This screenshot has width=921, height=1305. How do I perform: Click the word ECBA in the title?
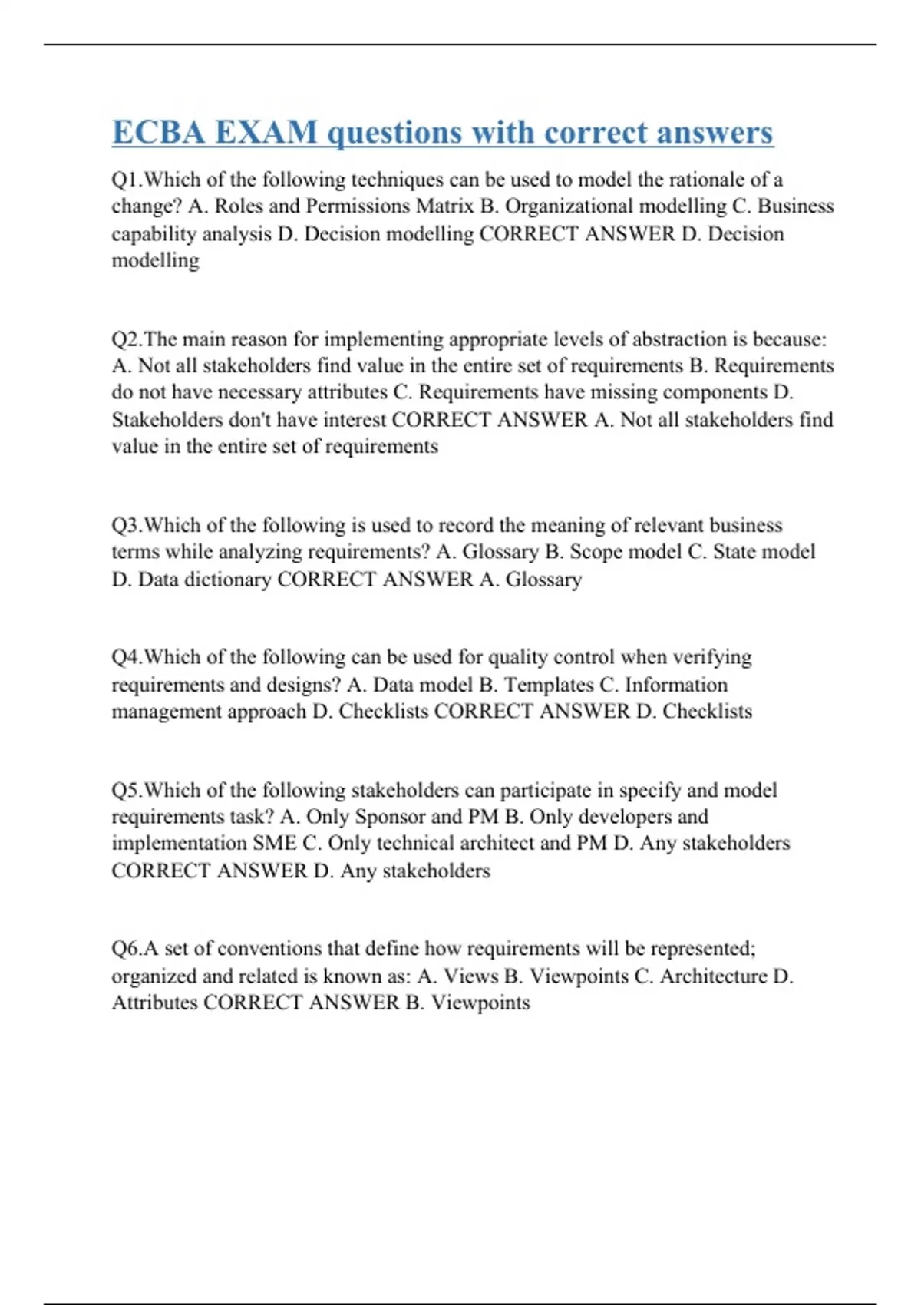click(158, 132)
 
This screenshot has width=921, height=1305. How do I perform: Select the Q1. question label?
click(127, 180)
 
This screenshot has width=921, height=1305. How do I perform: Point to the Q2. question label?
click(127, 339)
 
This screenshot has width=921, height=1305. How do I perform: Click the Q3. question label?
click(127, 525)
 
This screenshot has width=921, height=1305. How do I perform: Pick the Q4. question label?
click(127, 657)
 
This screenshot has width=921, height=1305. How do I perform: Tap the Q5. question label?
click(127, 790)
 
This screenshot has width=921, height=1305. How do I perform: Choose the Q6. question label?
click(127, 949)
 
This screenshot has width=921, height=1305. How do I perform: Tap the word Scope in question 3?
click(595, 552)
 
